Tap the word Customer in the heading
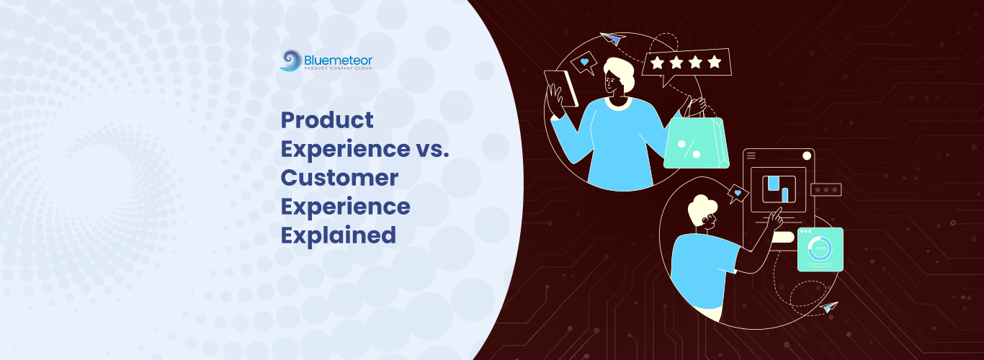click(x=339, y=177)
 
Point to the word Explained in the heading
click(x=338, y=235)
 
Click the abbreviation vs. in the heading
click(x=434, y=148)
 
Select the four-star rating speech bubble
click(x=686, y=63)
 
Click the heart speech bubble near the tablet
click(x=583, y=63)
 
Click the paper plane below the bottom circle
click(x=830, y=307)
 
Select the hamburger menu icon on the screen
click(x=751, y=156)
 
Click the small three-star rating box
click(x=826, y=189)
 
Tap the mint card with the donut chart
click(x=820, y=249)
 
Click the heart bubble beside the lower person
click(x=738, y=193)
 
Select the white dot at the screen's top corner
click(x=806, y=156)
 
